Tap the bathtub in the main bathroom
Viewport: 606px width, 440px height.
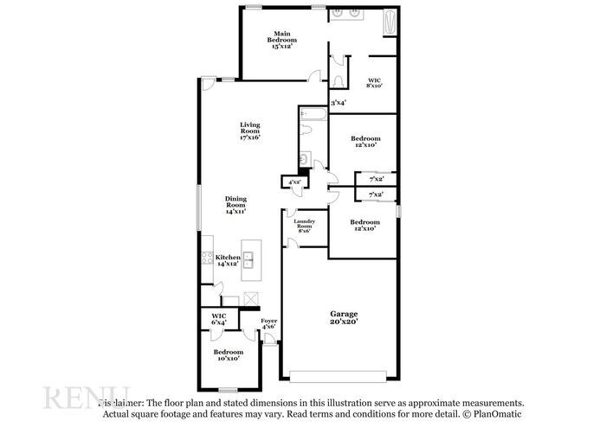click(x=389, y=20)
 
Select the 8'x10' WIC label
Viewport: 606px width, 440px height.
click(x=374, y=82)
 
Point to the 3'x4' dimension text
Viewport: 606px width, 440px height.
click(x=338, y=103)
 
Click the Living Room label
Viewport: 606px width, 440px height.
click(x=250, y=130)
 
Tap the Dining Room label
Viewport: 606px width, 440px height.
click(x=235, y=205)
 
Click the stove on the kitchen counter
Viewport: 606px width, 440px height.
click(x=206, y=257)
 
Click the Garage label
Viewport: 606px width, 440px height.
click(x=344, y=317)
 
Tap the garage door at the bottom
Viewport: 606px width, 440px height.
click(x=338, y=376)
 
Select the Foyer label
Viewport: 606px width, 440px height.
click(x=269, y=323)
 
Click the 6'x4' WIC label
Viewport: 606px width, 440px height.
click(x=219, y=319)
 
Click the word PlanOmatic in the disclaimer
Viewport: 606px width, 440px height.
click(x=499, y=415)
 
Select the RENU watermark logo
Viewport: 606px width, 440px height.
click(x=86, y=399)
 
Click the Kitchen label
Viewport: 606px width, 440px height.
click(x=228, y=260)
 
